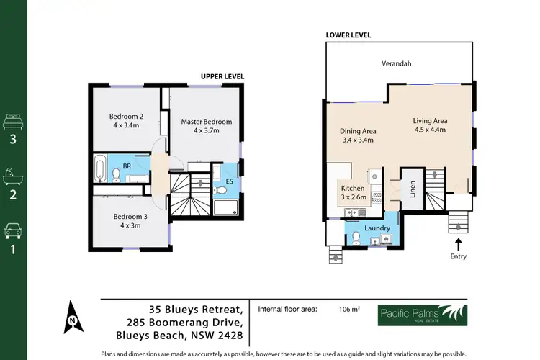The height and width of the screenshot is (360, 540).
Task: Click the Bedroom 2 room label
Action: coord(127,117)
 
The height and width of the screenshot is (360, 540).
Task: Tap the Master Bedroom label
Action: coord(207,122)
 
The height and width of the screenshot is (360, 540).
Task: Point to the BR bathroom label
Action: coord(127,166)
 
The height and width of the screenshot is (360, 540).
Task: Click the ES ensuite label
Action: coord(230,181)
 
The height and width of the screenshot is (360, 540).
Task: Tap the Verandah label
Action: coord(397,64)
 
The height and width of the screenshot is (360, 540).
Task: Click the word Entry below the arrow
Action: coord(458,256)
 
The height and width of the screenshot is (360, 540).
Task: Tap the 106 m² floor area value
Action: coord(348,309)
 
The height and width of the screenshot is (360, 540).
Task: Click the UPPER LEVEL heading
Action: coord(223,76)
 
